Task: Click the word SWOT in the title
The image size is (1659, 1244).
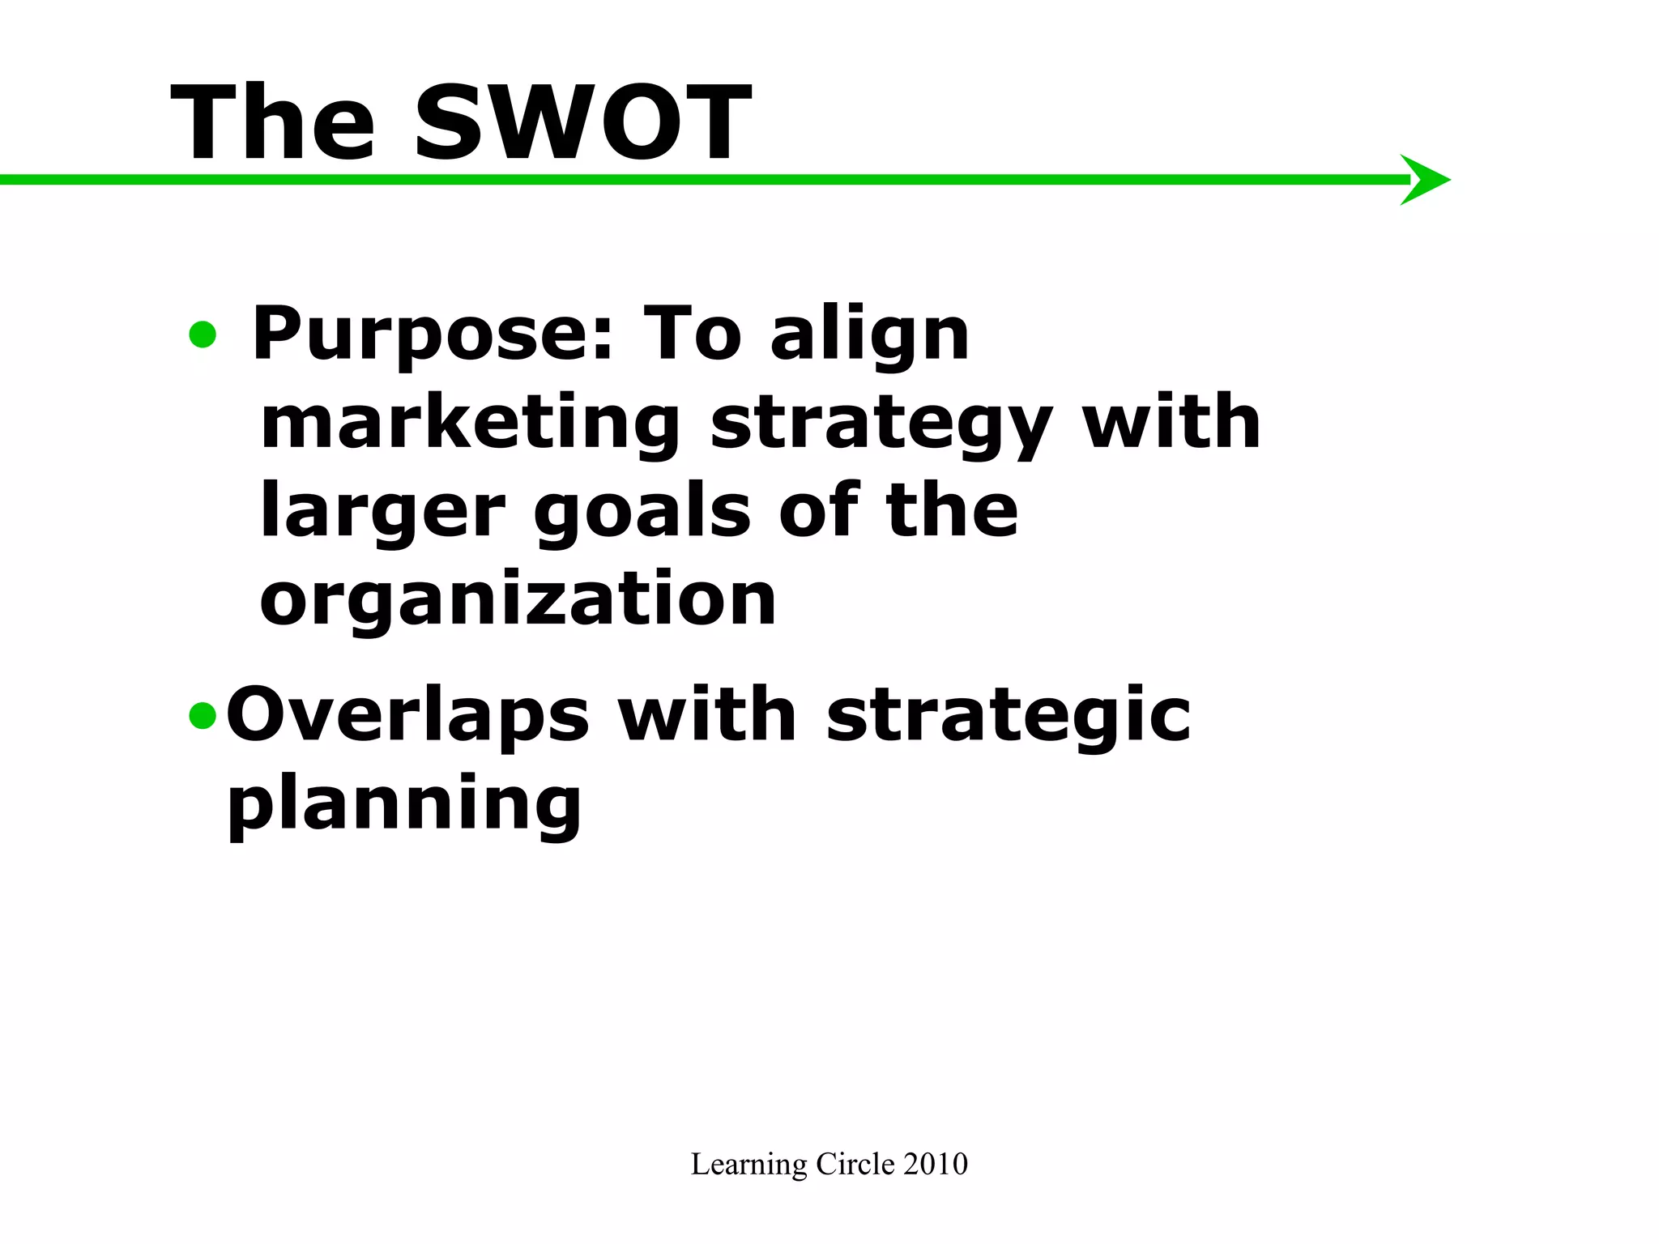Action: [x=582, y=123]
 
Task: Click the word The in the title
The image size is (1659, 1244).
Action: [x=273, y=123]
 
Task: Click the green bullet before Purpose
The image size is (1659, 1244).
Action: [x=203, y=334]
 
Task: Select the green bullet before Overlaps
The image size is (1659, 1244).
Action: [x=203, y=715]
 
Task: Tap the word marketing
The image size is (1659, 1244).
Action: [x=470, y=424]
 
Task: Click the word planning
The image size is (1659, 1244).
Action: [x=404, y=805]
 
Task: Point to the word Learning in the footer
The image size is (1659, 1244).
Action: [x=748, y=1165]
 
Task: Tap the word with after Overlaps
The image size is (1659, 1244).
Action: [x=707, y=714]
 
